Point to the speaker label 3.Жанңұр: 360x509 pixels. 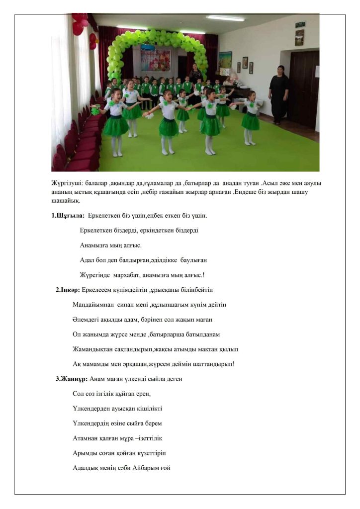72,379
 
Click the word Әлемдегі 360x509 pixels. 85,319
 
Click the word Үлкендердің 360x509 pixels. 94,424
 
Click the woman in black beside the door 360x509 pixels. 279,94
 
